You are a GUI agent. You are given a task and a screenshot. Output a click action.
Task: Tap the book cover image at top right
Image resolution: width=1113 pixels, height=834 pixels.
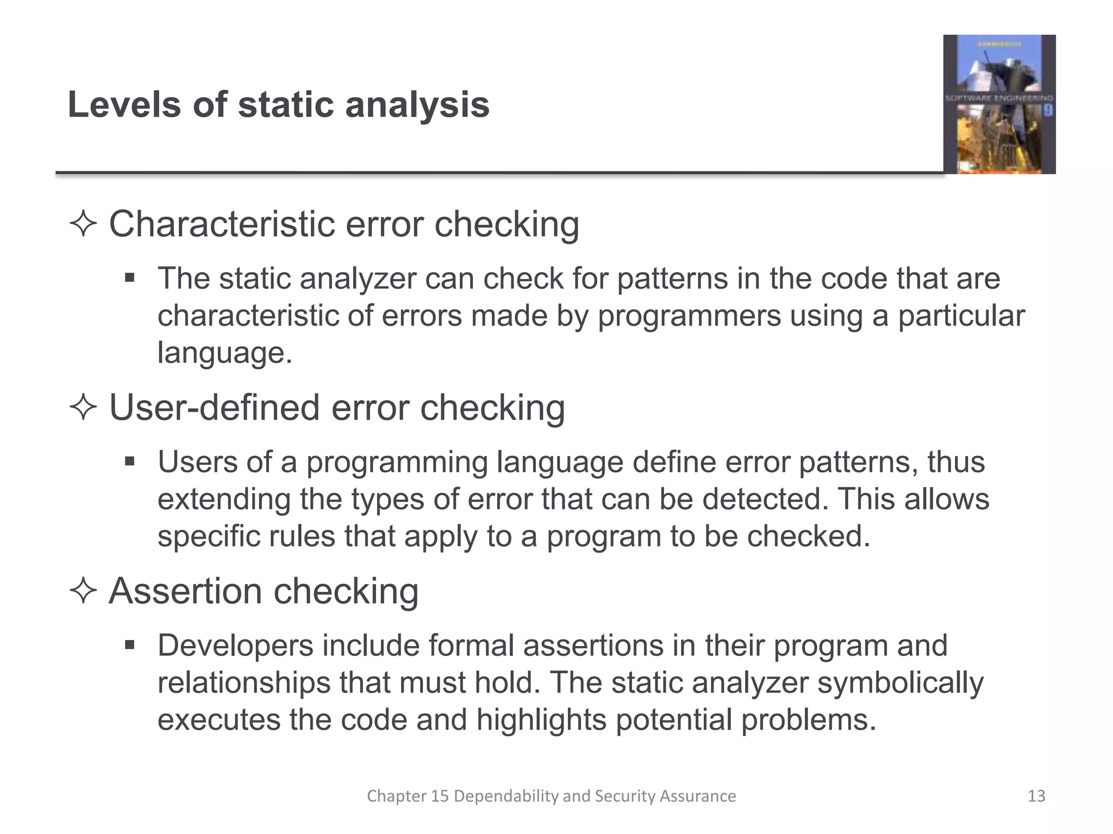click(999, 104)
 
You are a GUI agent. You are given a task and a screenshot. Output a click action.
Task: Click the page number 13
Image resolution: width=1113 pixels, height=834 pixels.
click(1036, 796)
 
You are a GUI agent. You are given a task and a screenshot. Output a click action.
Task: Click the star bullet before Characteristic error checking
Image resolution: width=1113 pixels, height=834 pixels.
click(83, 224)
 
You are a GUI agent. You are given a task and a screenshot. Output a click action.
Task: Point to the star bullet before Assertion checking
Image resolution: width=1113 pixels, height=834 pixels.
click(83, 591)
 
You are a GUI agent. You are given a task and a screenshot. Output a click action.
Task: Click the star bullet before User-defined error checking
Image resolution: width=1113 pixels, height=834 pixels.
click(83, 408)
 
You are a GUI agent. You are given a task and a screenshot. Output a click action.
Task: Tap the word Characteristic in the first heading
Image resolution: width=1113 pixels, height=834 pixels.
click(222, 224)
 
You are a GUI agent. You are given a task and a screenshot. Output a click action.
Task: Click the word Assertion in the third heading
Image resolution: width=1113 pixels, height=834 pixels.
click(185, 591)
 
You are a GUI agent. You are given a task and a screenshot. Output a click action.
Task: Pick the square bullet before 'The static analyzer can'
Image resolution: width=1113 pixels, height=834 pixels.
click(129, 279)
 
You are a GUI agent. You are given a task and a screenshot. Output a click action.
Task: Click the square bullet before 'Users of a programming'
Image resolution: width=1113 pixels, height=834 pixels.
click(129, 462)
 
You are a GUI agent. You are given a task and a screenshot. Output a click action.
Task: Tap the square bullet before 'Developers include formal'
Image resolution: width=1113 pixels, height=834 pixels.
click(129, 646)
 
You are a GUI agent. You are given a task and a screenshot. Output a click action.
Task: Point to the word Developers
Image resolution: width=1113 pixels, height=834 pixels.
click(235, 646)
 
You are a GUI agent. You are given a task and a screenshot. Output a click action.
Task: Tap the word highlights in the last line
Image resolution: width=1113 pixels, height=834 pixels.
click(541, 720)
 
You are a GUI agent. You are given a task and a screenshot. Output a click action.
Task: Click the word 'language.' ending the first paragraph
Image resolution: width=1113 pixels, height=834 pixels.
click(225, 353)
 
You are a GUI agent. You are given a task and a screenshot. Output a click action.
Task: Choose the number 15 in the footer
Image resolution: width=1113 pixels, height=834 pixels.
click(440, 796)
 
